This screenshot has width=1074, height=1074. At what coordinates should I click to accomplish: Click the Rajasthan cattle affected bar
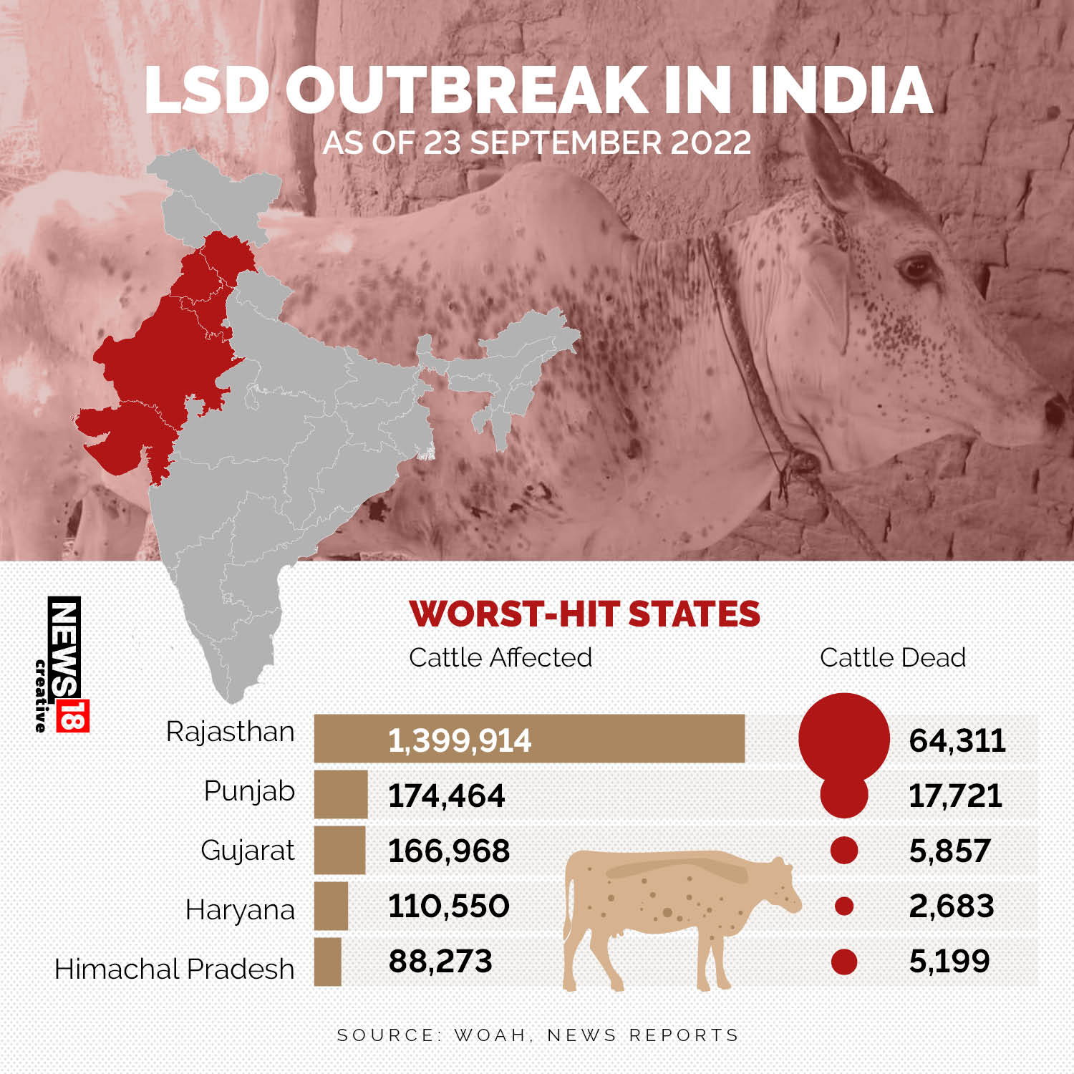[529, 738]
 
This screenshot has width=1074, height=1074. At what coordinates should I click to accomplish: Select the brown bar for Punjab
[341, 794]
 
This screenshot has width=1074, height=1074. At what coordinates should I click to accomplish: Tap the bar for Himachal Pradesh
[328, 962]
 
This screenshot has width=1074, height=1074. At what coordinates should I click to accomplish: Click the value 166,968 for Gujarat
[449, 851]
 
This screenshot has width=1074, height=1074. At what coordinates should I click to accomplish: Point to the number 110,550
[449, 906]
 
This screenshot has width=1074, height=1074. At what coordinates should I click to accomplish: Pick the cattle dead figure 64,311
[957, 740]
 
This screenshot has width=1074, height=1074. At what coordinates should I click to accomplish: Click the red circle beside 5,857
[844, 851]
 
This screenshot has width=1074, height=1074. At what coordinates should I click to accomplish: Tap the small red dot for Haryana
[844, 906]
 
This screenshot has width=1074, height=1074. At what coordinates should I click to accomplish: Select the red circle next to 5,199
[844, 962]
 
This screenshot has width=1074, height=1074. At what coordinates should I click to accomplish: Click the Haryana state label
[240, 910]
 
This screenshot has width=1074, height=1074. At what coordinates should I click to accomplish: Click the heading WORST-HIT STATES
[584, 614]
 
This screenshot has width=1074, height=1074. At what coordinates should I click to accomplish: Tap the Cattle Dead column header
[892, 657]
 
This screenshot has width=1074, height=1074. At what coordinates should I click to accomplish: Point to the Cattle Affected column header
[500, 657]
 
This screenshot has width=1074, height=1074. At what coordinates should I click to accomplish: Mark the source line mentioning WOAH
[538, 1035]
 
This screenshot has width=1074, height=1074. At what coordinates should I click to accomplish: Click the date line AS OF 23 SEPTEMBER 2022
[537, 142]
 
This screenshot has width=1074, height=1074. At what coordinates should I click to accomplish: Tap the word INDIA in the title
[841, 91]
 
